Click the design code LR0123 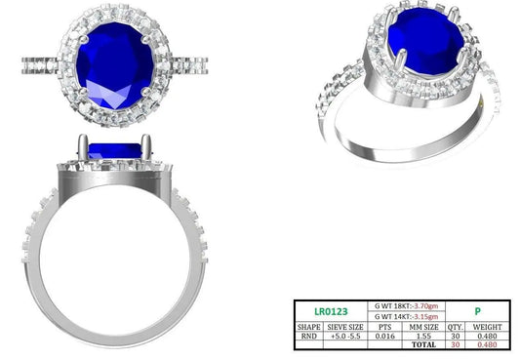331,311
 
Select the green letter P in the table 477,311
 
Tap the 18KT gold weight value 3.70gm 425,305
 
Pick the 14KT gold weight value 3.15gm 425,316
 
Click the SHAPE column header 308,327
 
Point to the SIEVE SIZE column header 345,327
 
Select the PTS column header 384,327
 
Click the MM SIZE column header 423,327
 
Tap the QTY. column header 455,327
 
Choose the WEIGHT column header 487,327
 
